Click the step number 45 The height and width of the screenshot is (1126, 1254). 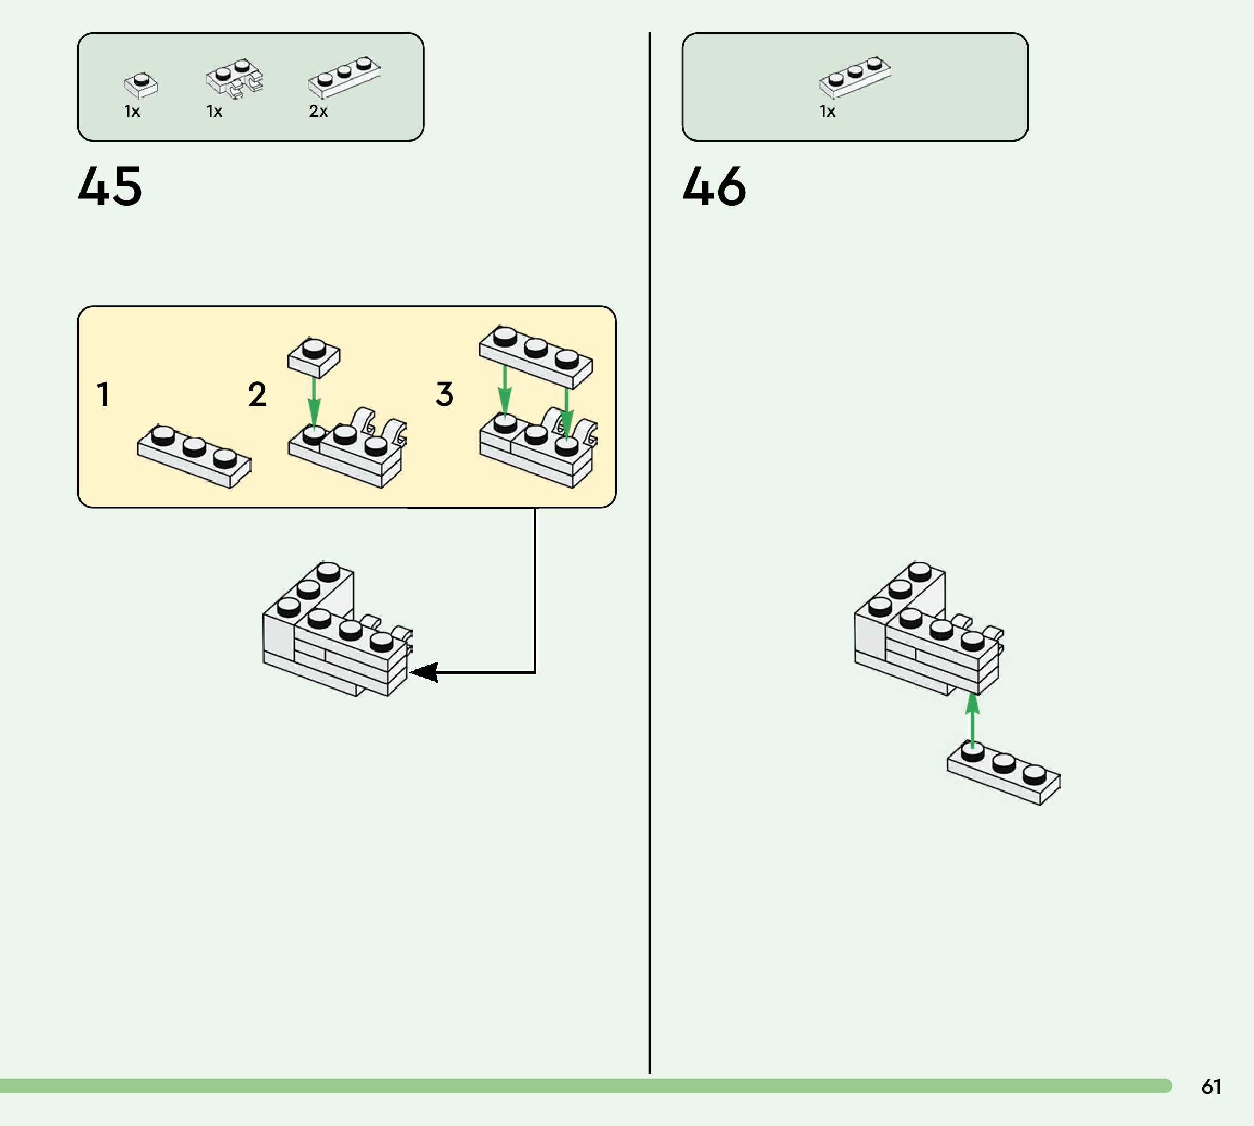[x=110, y=186]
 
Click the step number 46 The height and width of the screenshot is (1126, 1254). [x=714, y=186]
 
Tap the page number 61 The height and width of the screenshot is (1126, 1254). [x=1211, y=1086]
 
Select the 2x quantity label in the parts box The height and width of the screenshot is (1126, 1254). [x=318, y=111]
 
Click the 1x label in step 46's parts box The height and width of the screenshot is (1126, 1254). [x=827, y=111]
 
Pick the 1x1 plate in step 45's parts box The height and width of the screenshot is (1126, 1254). [x=141, y=85]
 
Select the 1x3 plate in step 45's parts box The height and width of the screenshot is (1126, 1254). [x=344, y=77]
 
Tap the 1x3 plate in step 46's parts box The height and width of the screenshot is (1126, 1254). [x=854, y=77]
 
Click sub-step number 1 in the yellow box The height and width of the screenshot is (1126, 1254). [x=103, y=394]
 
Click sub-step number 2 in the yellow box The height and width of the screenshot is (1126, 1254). [x=257, y=394]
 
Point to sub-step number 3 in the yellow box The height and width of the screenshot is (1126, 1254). [x=444, y=394]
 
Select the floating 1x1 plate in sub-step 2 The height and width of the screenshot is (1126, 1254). [x=314, y=357]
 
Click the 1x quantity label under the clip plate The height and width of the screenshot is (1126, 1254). [x=214, y=111]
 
